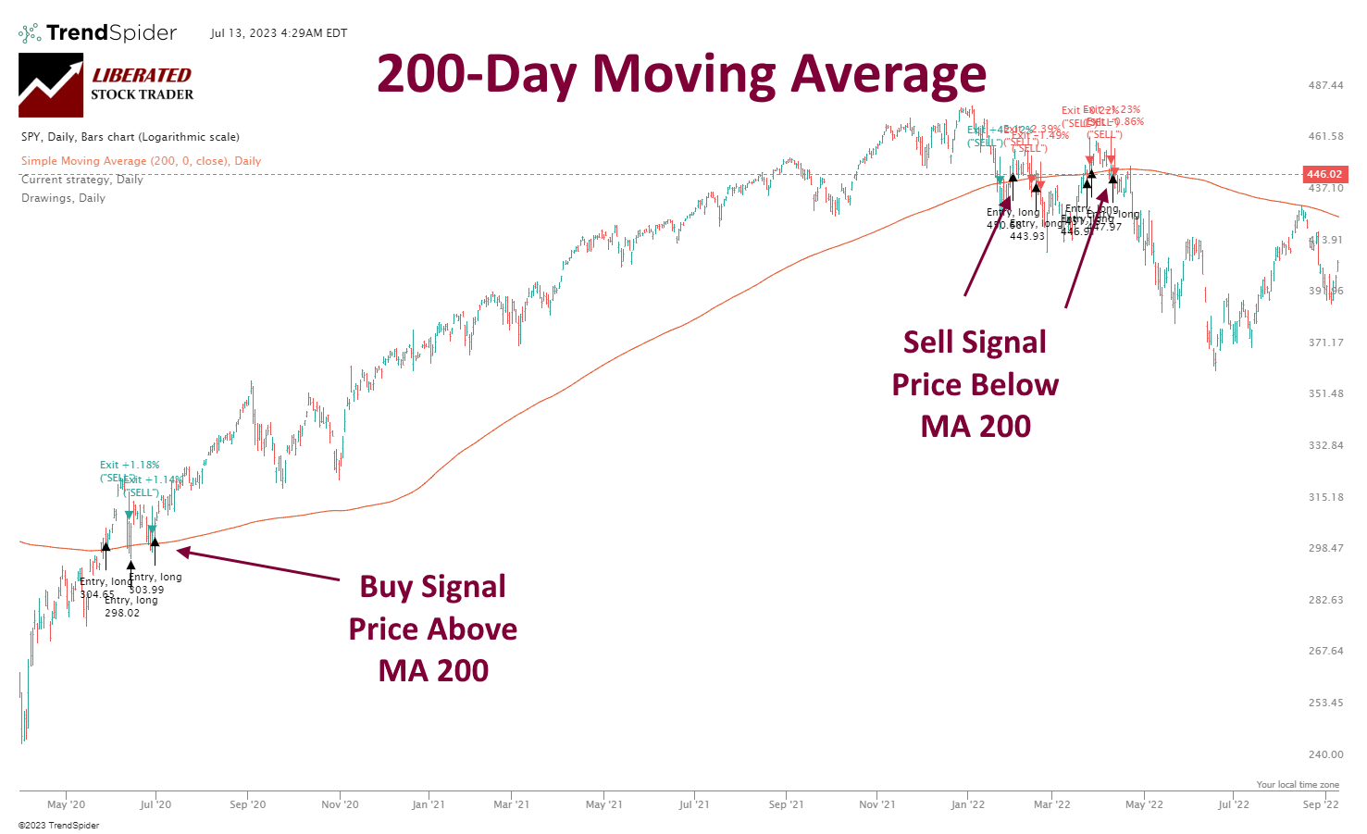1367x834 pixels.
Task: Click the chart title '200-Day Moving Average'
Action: tap(681, 74)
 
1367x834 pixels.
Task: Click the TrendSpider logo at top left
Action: tap(98, 33)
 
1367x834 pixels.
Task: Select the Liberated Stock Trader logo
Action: tap(106, 84)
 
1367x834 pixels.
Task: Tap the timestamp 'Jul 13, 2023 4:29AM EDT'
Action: tap(279, 33)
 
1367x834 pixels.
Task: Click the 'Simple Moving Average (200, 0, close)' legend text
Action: tap(141, 161)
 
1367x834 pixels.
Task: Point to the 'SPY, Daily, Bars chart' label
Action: tap(130, 137)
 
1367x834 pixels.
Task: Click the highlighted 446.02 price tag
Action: tap(1324, 174)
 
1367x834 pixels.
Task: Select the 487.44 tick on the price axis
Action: tap(1325, 85)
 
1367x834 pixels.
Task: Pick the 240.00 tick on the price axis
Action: tap(1325, 754)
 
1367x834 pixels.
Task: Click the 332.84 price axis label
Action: tap(1325, 445)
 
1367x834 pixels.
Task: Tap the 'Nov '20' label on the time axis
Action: tap(340, 804)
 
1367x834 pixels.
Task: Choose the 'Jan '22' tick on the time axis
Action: tap(967, 804)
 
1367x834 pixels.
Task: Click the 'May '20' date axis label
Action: tap(66, 804)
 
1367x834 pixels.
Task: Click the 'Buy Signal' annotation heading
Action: tap(432, 587)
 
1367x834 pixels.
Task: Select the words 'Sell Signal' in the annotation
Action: tap(975, 342)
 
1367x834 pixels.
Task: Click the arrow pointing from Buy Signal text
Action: tap(258, 566)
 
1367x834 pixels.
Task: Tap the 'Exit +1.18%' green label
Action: tap(130, 465)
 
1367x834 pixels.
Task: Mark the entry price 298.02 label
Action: tap(122, 613)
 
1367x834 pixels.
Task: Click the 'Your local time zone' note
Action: tap(1298, 785)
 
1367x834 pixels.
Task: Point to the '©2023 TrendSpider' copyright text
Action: tap(58, 825)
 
